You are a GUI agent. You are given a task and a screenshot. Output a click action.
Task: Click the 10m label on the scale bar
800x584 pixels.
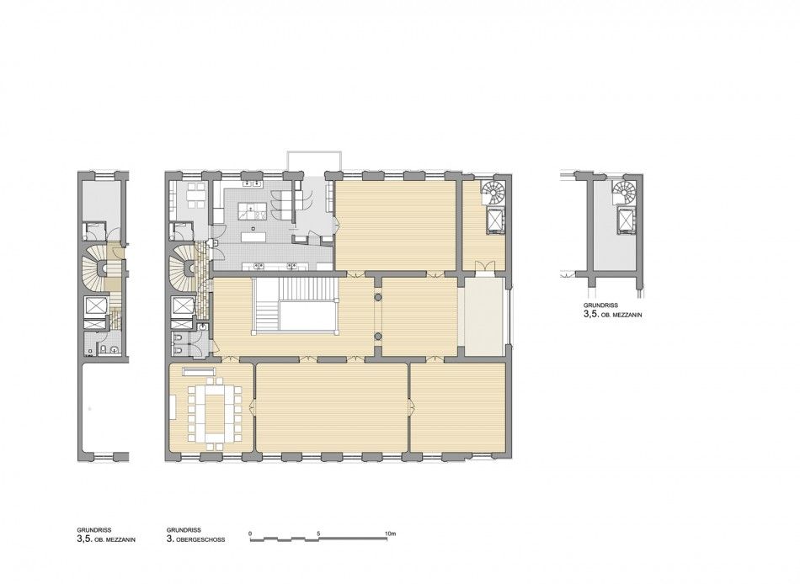[390, 534]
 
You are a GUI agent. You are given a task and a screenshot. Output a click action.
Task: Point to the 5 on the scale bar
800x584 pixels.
[318, 534]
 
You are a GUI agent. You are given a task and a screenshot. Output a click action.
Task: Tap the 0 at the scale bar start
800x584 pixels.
[250, 534]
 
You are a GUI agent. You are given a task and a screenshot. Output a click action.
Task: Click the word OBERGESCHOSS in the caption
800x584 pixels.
[201, 539]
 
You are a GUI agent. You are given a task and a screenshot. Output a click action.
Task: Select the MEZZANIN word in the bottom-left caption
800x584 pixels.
[121, 539]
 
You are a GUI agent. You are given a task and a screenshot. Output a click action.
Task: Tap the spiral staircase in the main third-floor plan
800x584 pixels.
[493, 194]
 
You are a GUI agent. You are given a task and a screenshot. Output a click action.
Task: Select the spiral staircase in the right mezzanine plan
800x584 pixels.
[624, 194]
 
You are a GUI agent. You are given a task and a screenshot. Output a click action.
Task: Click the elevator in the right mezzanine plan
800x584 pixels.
[626, 221]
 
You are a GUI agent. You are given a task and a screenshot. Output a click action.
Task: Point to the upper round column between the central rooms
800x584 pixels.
[378, 297]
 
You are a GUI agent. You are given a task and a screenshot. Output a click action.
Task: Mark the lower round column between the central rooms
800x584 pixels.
[378, 337]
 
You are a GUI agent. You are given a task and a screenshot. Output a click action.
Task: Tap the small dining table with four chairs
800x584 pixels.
[194, 195]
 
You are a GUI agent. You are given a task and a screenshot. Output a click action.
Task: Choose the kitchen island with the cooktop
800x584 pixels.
[252, 210]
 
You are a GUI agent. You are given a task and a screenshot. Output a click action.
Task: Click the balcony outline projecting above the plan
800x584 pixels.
[314, 161]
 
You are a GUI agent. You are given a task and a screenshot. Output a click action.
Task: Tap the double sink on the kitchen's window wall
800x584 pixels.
[253, 183]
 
